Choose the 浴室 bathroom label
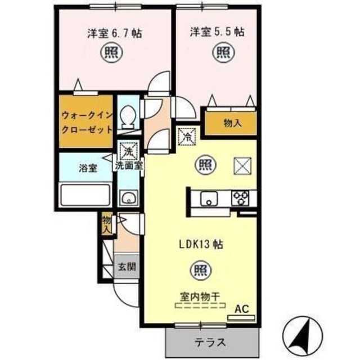coord(88,168)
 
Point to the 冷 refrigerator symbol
coord(186,137)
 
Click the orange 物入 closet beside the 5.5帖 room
coord(231,123)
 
